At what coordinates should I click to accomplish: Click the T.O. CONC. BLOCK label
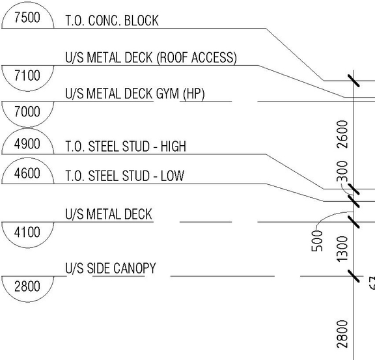(x=111, y=21)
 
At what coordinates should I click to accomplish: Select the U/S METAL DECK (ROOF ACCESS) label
(x=151, y=58)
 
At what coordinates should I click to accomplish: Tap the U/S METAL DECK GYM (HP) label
(x=135, y=94)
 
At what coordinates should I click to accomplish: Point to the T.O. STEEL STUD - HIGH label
(x=126, y=147)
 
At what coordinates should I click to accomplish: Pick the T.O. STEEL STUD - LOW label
(x=124, y=176)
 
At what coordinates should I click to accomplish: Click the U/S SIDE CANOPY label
(x=110, y=268)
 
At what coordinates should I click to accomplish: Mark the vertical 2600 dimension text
(x=343, y=133)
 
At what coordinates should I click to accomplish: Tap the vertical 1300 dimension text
(x=343, y=249)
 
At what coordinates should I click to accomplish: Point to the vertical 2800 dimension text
(x=343, y=333)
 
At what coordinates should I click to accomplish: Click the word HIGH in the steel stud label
(x=172, y=147)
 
